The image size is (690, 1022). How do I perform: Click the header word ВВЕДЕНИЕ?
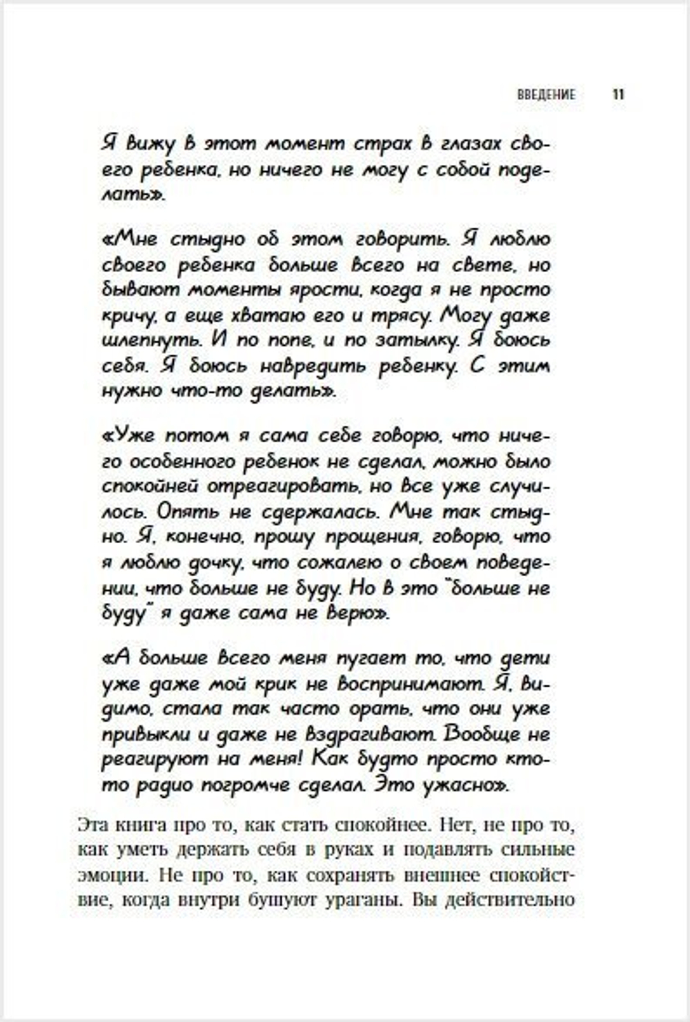click(546, 95)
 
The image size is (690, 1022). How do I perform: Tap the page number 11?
click(618, 95)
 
